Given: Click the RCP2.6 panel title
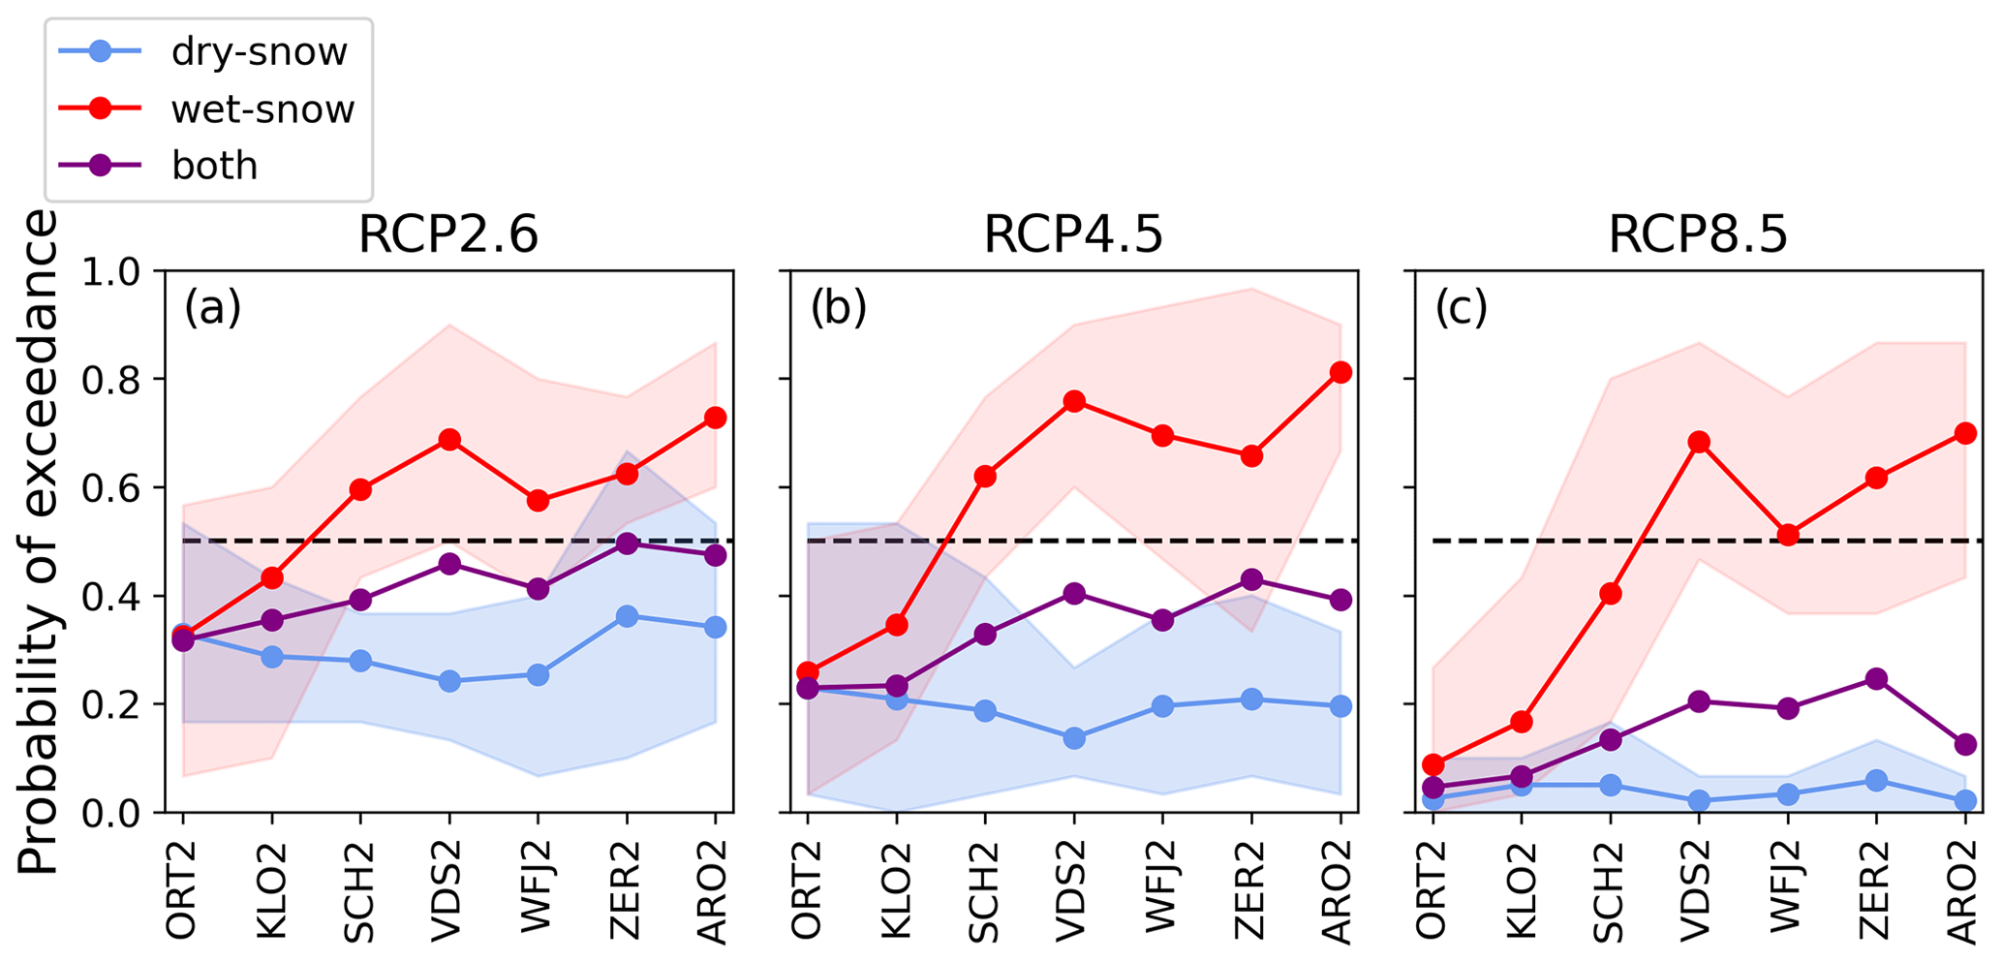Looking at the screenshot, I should coord(448,235).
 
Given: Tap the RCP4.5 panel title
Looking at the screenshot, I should coord(1073,235).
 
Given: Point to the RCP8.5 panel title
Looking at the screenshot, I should coord(1698,235).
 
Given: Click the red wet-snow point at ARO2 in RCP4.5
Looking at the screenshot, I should coord(1340,372).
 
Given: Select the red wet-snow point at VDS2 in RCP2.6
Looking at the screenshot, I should coord(449,440).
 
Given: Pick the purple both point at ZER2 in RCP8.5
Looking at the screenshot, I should coord(1876,678).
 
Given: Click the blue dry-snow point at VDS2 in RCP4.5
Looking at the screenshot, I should coord(1074,738).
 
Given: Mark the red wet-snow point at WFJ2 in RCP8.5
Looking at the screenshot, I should coord(1788,535).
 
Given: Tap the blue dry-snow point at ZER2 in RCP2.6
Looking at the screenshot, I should coord(627,616).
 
